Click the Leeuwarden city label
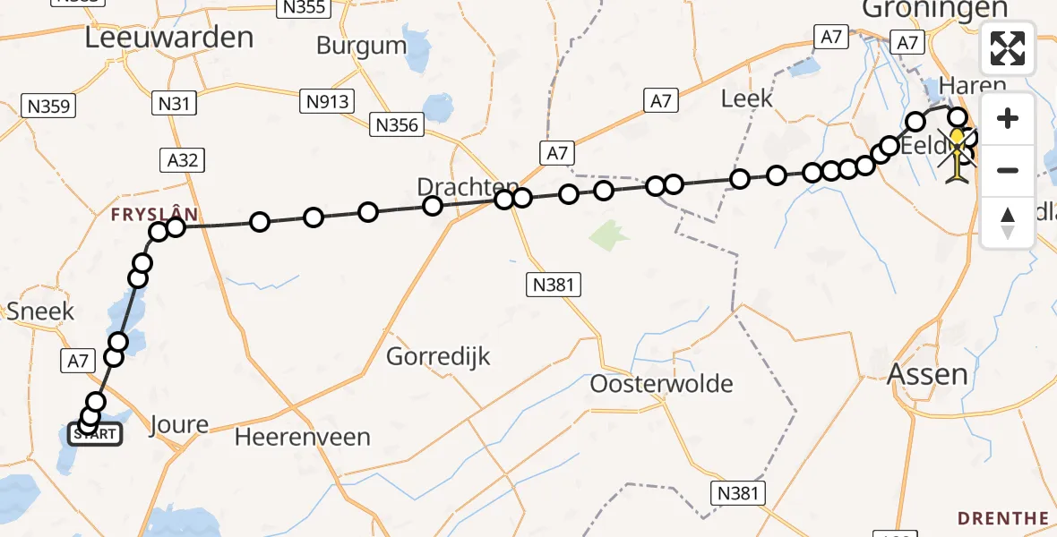pyautogui.click(x=169, y=37)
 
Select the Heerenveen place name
pyautogui.click(x=303, y=437)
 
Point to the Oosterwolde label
pyautogui.click(x=661, y=384)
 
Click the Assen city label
pyautogui.click(x=927, y=374)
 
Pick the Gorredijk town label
pyautogui.click(x=439, y=356)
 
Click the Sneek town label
pyautogui.click(x=40, y=311)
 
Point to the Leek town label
pyautogui.click(x=746, y=98)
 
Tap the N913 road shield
pyautogui.click(x=327, y=101)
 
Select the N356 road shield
pyautogui.click(x=397, y=125)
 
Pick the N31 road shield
pyautogui.click(x=175, y=104)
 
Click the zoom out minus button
pyautogui.click(x=1008, y=170)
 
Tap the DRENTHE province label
pyautogui.click(x=1002, y=518)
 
